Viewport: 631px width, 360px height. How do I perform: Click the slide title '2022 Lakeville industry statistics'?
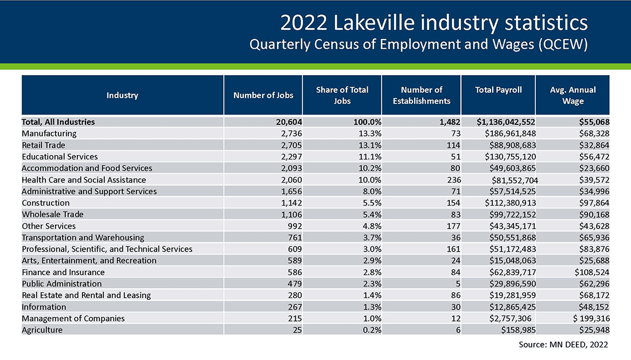tap(434, 23)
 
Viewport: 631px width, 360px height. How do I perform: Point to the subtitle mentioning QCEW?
tap(419, 45)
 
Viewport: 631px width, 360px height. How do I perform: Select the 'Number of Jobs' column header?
tap(263, 95)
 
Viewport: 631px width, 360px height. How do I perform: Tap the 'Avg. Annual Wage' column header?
tap(572, 95)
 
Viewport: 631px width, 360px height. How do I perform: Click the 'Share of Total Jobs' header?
tap(342, 95)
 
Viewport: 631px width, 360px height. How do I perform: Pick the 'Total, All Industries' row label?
tap(58, 122)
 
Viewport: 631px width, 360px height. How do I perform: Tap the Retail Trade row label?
tap(44, 145)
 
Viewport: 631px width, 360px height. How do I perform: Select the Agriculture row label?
tap(42, 330)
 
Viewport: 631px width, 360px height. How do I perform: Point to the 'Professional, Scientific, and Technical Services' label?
tap(107, 249)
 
